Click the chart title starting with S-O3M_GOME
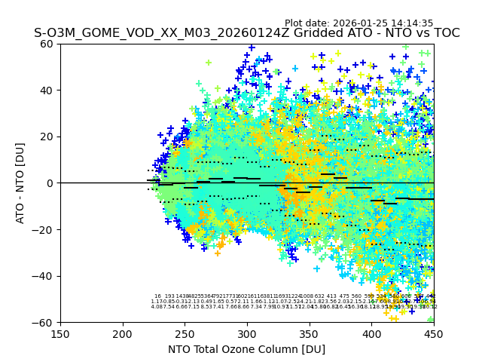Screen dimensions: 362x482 point(246,33)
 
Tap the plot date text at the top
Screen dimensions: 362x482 point(358,23)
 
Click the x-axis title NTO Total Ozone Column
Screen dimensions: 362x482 point(246,349)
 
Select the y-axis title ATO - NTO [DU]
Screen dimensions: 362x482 point(21,183)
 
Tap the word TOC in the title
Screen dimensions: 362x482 point(445,33)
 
